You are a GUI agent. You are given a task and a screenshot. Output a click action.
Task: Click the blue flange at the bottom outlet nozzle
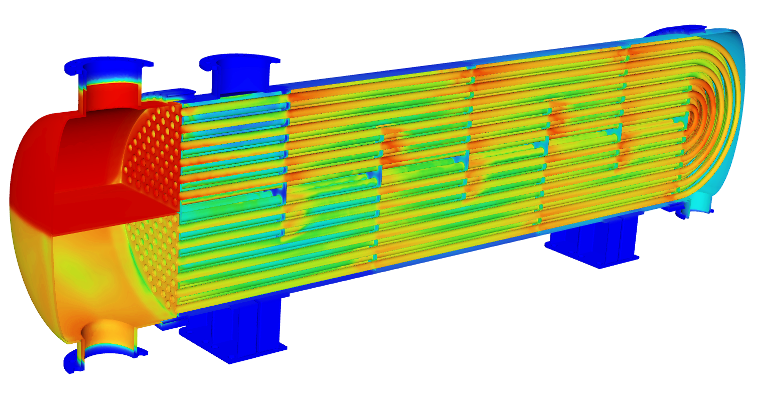pyautogui.click(x=74, y=364)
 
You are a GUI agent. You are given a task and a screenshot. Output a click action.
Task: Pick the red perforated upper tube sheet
pyautogui.click(x=153, y=156)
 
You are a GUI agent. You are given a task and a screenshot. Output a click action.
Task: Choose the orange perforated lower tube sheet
pyautogui.click(x=155, y=259)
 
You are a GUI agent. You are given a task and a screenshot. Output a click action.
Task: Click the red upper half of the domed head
pyautogui.click(x=35, y=165)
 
